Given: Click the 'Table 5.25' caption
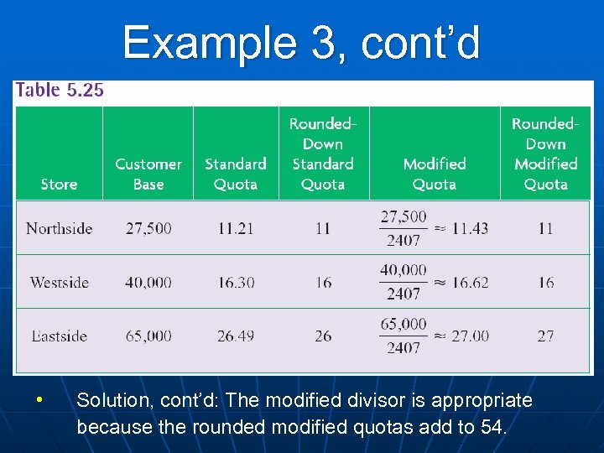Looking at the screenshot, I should click(x=60, y=91).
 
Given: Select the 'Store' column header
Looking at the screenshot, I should click(x=59, y=184).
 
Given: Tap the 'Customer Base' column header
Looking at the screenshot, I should click(x=148, y=174).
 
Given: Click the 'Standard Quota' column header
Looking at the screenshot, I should click(x=236, y=174).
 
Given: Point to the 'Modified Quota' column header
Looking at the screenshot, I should click(x=435, y=174).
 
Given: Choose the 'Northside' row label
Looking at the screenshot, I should click(x=59, y=228).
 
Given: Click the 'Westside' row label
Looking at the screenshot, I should click(x=59, y=282).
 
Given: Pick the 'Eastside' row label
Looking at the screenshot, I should click(x=59, y=336).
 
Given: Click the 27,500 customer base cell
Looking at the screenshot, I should click(x=148, y=228).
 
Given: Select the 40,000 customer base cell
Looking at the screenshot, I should click(x=148, y=282).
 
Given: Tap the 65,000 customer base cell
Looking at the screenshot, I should click(x=148, y=336).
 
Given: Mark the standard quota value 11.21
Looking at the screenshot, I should click(x=236, y=228).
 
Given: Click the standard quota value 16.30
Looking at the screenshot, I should click(x=236, y=282).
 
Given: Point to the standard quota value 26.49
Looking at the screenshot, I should click(x=236, y=336).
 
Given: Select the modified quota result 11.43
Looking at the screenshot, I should click(x=470, y=228).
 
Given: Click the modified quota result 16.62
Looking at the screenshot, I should click(x=470, y=282).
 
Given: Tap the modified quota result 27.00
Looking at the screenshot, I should click(x=470, y=336).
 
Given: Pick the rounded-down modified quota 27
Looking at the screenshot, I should click(x=545, y=336).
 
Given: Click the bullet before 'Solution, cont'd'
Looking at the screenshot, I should click(x=39, y=399).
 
